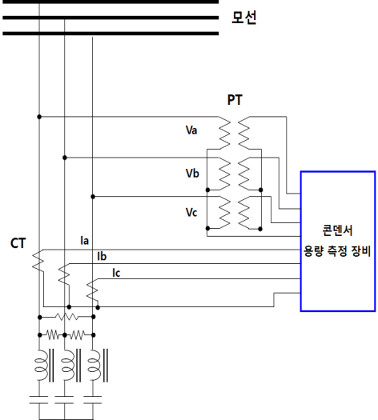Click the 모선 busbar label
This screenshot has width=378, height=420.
click(243, 18)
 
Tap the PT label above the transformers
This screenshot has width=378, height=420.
click(235, 100)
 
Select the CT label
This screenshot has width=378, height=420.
click(18, 243)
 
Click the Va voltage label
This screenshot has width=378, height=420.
click(191, 130)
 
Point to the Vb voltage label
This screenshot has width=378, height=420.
click(192, 174)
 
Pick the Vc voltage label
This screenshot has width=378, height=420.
click(191, 213)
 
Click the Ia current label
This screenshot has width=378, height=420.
click(84, 241)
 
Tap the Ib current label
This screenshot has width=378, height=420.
click(102, 256)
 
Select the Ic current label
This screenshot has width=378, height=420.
click(116, 273)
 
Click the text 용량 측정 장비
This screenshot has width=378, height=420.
click(337, 251)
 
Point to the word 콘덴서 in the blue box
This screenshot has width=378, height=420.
click(337, 230)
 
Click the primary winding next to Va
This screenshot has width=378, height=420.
click(224, 133)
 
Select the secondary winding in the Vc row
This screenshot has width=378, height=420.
click(244, 213)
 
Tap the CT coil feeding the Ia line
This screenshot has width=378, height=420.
click(38, 261)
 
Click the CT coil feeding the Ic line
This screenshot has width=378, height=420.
click(92, 290)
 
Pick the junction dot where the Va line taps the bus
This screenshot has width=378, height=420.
click(39, 117)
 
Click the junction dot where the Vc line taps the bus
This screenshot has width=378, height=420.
click(93, 197)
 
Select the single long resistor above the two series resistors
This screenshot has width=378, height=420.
click(66, 317)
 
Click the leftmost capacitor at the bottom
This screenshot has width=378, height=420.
click(39, 400)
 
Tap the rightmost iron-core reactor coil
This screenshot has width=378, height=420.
click(98, 365)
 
